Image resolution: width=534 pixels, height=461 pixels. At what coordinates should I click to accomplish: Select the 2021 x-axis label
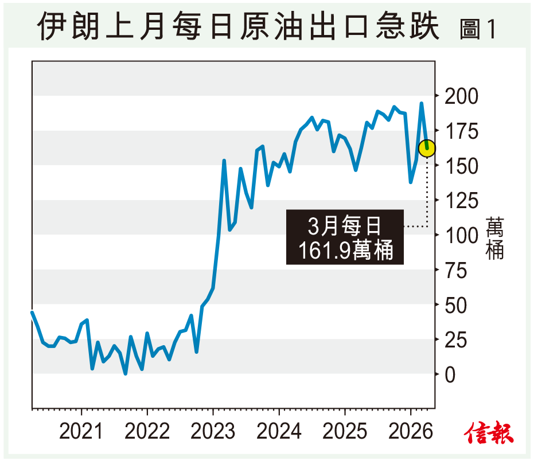pyautogui.click(x=81, y=432)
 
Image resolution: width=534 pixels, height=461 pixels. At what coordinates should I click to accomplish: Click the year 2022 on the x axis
pyautogui.click(x=147, y=432)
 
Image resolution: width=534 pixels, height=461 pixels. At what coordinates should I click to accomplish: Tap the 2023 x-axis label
pyautogui.click(x=213, y=432)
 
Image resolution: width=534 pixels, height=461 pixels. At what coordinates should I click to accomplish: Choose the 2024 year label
pyautogui.click(x=279, y=432)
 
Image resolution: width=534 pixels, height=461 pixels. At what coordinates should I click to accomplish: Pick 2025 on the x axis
pyautogui.click(x=345, y=432)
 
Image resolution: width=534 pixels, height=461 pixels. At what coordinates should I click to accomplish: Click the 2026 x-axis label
pyautogui.click(x=410, y=432)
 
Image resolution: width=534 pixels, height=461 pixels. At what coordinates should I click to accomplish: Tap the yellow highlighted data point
pyautogui.click(x=427, y=149)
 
